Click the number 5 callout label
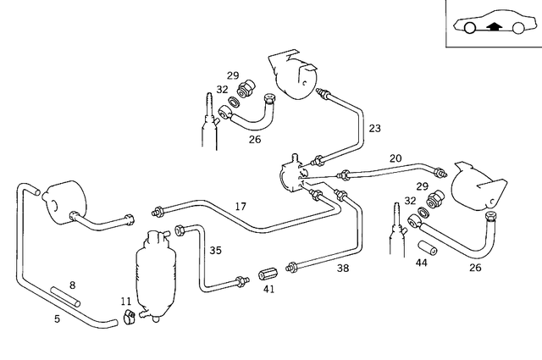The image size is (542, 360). [x=57, y=319]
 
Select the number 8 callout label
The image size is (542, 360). [x=73, y=285]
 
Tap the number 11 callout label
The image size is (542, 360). [x=125, y=301]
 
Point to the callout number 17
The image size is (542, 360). [x=241, y=206]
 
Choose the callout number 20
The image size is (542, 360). [x=395, y=158]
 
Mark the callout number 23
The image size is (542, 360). [x=374, y=129]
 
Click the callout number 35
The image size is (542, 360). [x=215, y=250]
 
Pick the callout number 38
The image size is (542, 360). [x=342, y=268]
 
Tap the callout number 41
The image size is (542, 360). [x=269, y=289]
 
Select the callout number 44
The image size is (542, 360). [x=421, y=264]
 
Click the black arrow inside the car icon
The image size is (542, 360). [x=492, y=26]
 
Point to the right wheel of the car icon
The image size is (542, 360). [x=516, y=30]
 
